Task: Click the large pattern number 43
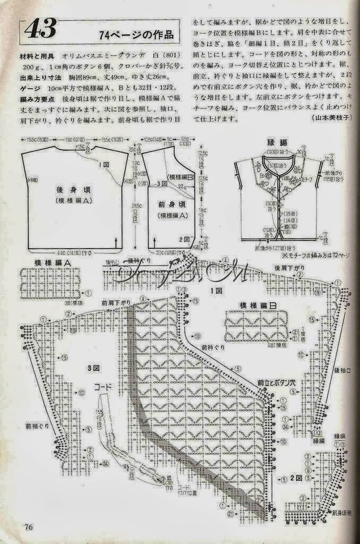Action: click(40, 30)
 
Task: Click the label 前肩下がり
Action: click(116, 302)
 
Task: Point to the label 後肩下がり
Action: click(289, 267)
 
